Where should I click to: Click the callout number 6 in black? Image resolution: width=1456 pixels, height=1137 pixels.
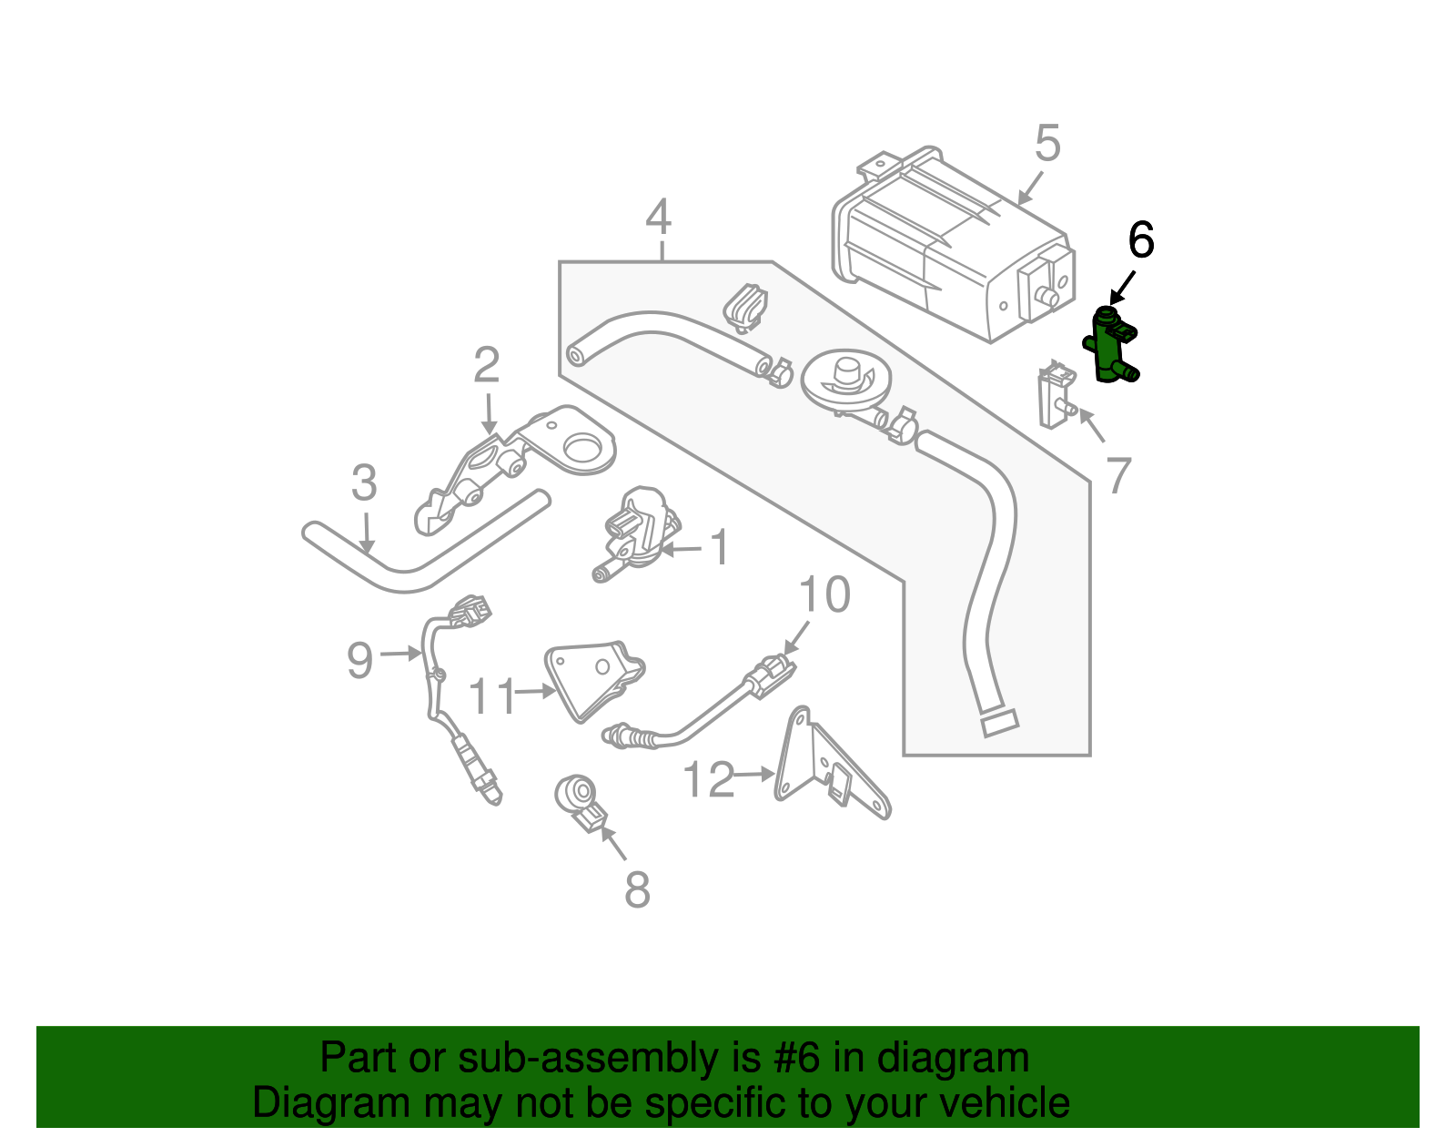tap(1140, 241)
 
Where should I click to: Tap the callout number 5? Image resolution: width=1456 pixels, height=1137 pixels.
tap(1047, 144)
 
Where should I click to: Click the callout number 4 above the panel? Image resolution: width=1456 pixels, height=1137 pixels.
tap(658, 218)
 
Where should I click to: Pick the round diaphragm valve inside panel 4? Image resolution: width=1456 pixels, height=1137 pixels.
tap(845, 381)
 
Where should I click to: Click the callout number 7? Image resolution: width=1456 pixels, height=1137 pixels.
tap(1118, 475)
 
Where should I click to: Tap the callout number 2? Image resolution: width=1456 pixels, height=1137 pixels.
tap(487, 365)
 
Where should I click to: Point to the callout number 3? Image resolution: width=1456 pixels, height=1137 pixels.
tap(364, 483)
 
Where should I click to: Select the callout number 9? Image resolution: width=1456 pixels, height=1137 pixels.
tap(360, 659)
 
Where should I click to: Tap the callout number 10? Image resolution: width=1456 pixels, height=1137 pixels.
tap(824, 594)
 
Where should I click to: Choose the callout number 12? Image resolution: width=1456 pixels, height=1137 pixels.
tap(708, 780)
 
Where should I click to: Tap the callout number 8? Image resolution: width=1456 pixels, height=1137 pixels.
tap(637, 889)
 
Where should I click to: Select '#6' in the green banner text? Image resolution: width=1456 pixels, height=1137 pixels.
tap(797, 1059)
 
